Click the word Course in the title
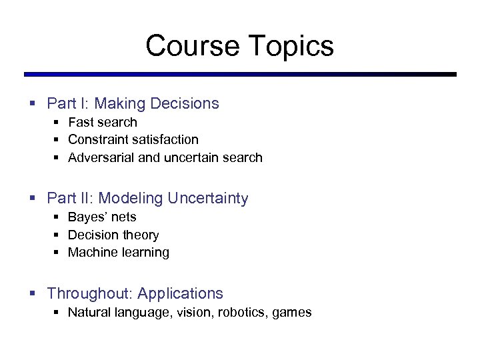pyautogui.click(x=192, y=46)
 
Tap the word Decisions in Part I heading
pyautogui.click(x=185, y=103)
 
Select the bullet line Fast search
pyautogui.click(x=103, y=122)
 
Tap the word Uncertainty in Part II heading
pyautogui.click(x=208, y=198)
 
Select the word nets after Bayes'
pyautogui.click(x=125, y=217)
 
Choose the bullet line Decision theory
pyautogui.click(x=113, y=235)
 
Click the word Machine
pyautogui.click(x=91, y=252)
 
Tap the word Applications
pyautogui.click(x=181, y=293)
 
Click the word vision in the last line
pyautogui.click(x=192, y=312)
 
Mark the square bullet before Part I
pyautogui.click(x=32, y=104)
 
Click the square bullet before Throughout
pyautogui.click(x=32, y=294)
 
